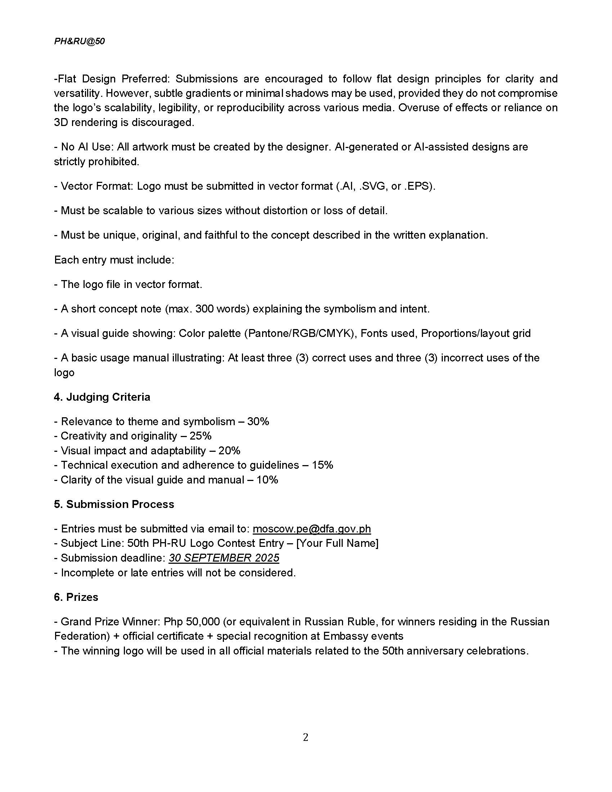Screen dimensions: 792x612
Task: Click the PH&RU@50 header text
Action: pos(80,41)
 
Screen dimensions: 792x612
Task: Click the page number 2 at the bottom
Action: pos(306,737)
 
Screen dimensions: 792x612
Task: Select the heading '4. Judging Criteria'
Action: pos(102,397)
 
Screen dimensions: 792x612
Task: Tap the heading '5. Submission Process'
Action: pos(114,504)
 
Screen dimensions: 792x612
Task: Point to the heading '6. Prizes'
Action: pos(76,597)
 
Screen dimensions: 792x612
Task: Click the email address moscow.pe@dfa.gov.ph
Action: pos(311,529)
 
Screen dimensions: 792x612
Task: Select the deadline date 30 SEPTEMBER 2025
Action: pos(224,558)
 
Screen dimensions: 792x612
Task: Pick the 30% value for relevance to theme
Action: pos(258,422)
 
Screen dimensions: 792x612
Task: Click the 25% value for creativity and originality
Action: pos(201,436)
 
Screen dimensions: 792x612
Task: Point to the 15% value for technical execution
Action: pos(322,465)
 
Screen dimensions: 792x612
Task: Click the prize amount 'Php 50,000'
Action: pos(192,622)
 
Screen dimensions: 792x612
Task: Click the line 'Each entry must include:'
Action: pos(114,260)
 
